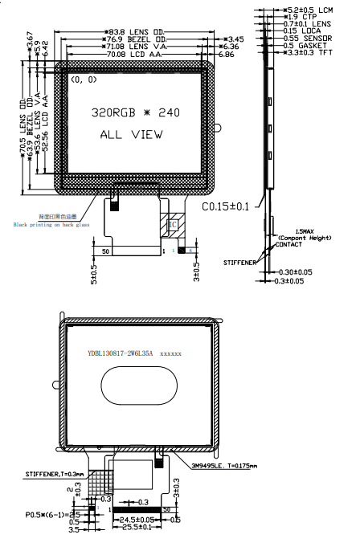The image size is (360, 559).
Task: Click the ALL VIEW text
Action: [x=131, y=135]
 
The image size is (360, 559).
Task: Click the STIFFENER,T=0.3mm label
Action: [x=54, y=475]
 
